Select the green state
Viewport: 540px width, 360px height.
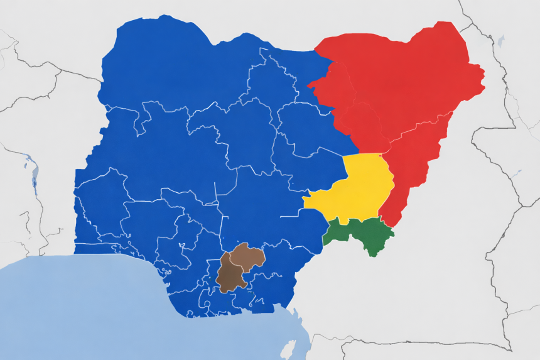point(360,234)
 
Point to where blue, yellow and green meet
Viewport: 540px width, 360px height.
point(328,221)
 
